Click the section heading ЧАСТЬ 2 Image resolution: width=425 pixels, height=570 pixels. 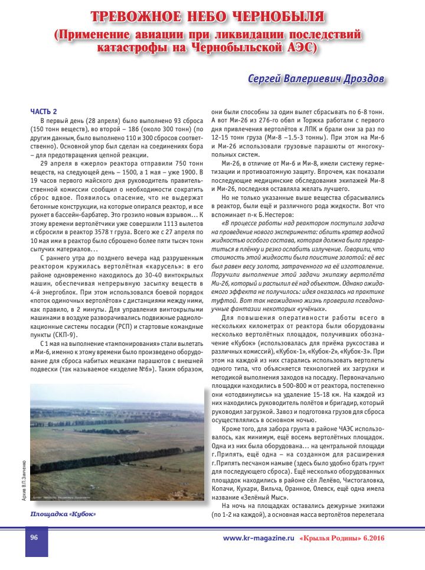point(44,111)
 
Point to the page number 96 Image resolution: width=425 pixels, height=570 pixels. point(35,537)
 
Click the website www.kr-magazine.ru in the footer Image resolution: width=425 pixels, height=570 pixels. point(258,537)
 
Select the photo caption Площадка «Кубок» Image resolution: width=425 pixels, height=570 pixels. point(63,513)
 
